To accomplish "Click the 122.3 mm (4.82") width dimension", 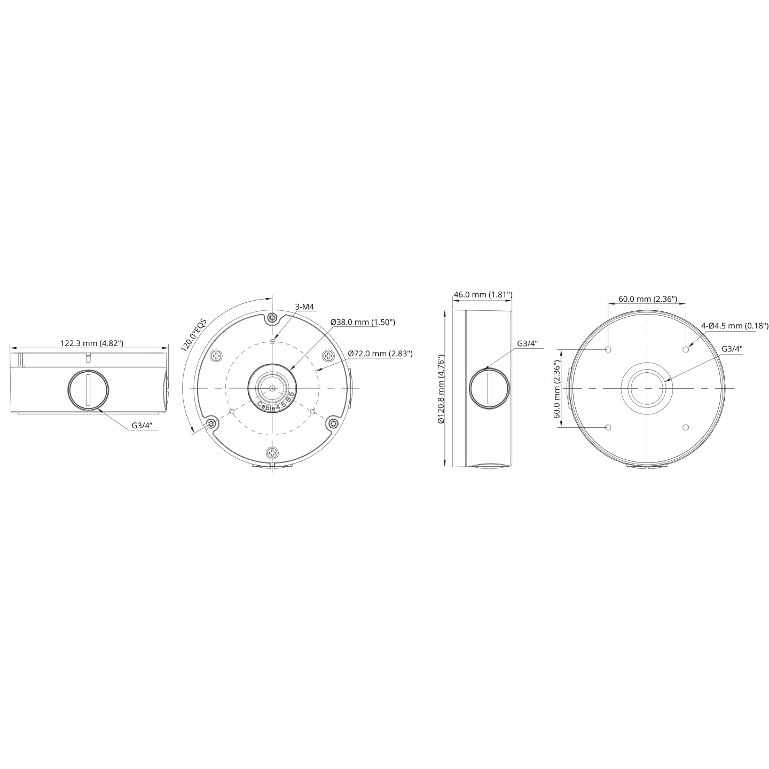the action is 91,343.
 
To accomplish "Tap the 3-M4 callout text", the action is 304,307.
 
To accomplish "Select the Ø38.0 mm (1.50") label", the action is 363,322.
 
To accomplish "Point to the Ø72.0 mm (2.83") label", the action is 380,353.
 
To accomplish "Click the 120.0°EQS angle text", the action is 193,334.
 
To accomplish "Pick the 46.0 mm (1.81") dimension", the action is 483,294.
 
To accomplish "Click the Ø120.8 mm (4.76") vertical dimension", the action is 441,389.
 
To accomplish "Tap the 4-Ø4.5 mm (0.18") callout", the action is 735,326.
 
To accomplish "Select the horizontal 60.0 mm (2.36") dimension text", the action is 648,299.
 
